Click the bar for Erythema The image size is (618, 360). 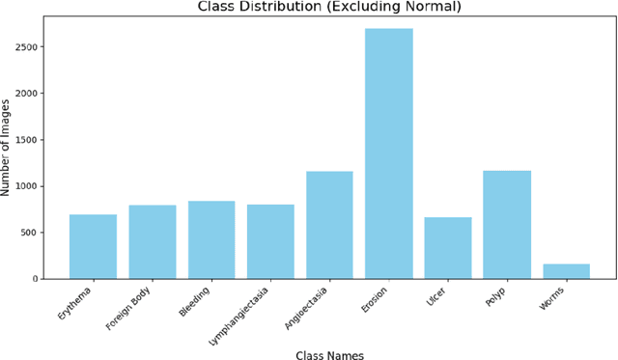[x=93, y=246]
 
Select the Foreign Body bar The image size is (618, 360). [x=153, y=241]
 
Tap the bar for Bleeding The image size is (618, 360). [x=211, y=239]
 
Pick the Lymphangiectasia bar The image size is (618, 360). [x=270, y=241]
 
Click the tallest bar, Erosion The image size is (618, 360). [x=389, y=153]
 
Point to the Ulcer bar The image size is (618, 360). [x=448, y=248]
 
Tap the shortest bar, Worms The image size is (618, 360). [x=566, y=271]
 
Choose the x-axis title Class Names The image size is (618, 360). [x=329, y=355]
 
